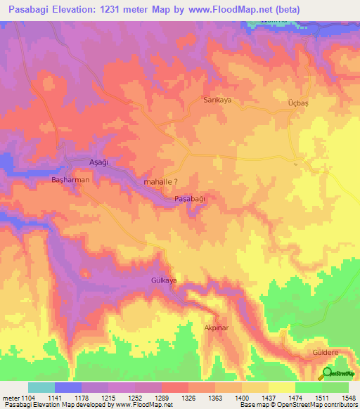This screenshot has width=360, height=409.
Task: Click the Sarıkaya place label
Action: tap(217, 100)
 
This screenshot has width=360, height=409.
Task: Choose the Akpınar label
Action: tap(217, 328)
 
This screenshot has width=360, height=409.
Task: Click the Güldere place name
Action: tap(326, 351)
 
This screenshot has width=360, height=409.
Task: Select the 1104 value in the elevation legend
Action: tap(27, 398)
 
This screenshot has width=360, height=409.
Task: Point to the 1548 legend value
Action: tap(348, 398)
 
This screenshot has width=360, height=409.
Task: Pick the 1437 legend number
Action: tap(268, 398)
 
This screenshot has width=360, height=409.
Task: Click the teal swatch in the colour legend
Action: tap(41, 387)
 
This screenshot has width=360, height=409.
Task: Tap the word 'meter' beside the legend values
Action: tap(9, 398)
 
